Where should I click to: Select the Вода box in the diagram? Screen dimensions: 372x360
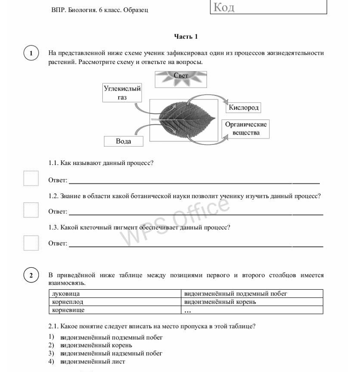(123, 141)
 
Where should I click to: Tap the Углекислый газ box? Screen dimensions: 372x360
(122, 93)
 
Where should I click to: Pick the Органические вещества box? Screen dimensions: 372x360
(246, 128)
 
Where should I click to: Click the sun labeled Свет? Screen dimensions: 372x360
(181, 78)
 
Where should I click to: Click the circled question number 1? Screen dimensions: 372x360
(31, 53)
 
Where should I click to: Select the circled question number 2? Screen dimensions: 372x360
(31, 275)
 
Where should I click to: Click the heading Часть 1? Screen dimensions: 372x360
(186, 37)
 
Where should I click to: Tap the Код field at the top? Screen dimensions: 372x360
(268, 7)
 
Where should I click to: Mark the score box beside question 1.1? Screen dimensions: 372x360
(31, 179)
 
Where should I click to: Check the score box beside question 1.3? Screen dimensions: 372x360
(31, 243)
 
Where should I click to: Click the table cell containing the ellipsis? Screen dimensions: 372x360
(252, 310)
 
